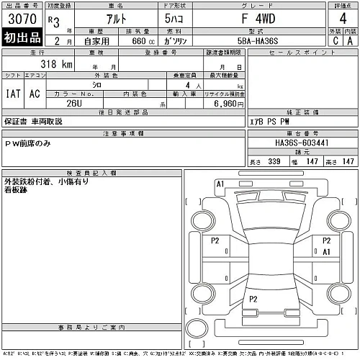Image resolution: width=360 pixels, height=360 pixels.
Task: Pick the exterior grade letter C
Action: (x=336, y=41)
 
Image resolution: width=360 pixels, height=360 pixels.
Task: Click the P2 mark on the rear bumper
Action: (x=253, y=298)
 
